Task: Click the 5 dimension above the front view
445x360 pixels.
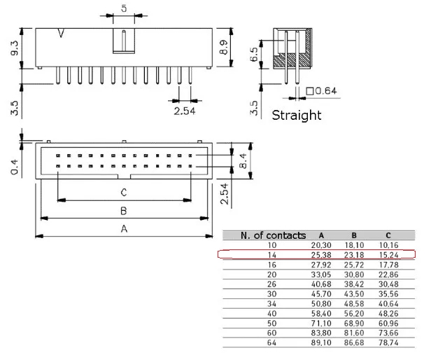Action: [124, 8]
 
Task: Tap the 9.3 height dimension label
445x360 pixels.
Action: [14, 48]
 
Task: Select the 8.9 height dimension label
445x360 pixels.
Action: [223, 47]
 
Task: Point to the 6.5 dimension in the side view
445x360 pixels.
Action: [254, 54]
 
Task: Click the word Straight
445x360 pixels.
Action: [296, 115]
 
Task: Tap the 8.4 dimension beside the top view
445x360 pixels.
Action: [243, 161]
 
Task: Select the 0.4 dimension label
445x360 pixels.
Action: [14, 167]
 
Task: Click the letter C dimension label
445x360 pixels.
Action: [124, 193]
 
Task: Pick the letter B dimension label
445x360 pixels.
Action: [123, 211]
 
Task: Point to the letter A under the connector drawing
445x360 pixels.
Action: [124, 228]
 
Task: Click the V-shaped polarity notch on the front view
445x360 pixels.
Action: [61, 33]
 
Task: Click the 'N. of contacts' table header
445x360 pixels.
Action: [273, 235]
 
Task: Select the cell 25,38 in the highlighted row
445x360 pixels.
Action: [321, 255]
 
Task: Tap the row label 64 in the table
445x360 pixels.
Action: [271, 342]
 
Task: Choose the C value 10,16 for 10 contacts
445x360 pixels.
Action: [388, 245]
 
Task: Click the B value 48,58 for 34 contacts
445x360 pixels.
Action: [354, 304]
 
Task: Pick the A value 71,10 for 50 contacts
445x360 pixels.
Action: [321, 323]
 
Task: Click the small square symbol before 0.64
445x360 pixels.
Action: [310, 91]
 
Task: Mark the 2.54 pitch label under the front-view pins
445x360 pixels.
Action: [185, 111]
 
